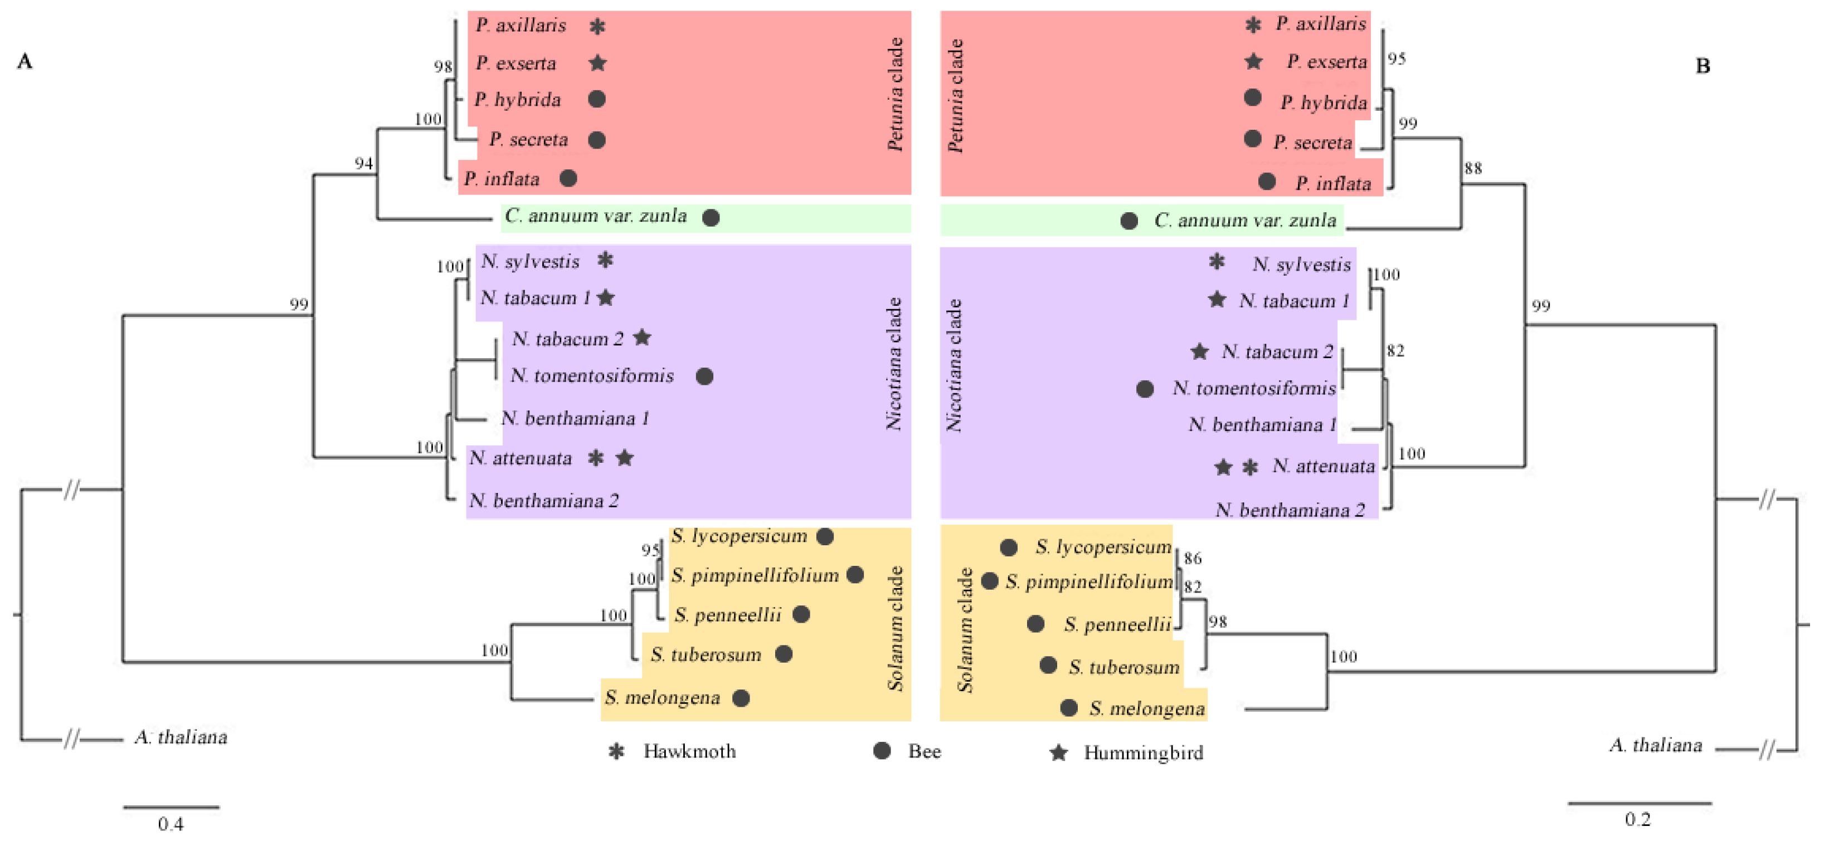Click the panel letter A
pos(25,62)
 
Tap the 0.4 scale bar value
pos(171,823)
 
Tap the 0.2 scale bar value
pos(1637,819)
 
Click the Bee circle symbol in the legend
pos(882,750)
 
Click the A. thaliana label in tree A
pos(181,737)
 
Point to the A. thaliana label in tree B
pos(1656,745)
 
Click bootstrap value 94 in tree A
pos(363,164)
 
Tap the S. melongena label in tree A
pos(662,698)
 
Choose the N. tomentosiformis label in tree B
pos(1253,388)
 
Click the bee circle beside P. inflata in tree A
pos(568,178)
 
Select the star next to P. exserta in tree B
pos(1253,62)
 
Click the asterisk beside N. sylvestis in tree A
pos(605,261)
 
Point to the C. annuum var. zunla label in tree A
pos(596,216)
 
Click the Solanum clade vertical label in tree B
pos(965,629)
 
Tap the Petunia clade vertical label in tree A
pos(895,94)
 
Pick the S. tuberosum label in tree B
pos(1123,667)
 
